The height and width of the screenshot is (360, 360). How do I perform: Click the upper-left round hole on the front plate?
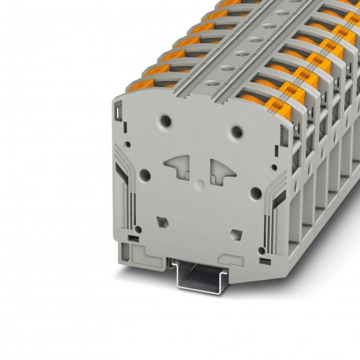165,122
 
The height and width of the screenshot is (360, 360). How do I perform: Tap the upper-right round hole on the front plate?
236,130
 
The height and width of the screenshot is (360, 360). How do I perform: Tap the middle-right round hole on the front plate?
255,192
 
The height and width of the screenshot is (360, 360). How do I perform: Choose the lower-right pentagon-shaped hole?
235,233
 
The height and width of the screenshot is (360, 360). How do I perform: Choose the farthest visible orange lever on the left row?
230,3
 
